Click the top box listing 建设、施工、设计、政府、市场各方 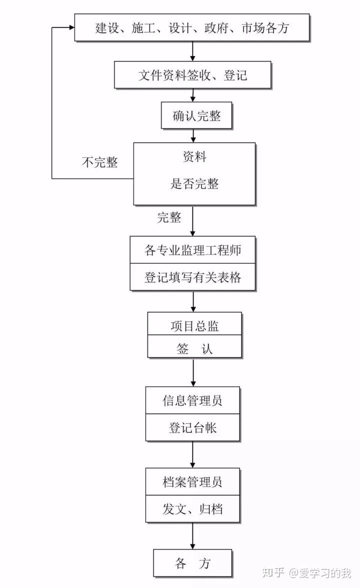(x=192, y=28)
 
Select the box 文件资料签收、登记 (x=192, y=75)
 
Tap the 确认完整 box (x=196, y=116)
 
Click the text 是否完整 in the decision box (x=194, y=183)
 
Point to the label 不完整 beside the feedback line (x=99, y=162)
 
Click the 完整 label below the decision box (x=169, y=217)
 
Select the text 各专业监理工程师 (x=192, y=250)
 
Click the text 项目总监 (x=194, y=326)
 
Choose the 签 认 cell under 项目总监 (x=194, y=348)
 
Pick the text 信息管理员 (x=192, y=400)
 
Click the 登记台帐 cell (x=192, y=427)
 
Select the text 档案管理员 (x=192, y=482)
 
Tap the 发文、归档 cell (x=192, y=509)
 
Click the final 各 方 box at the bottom (x=192, y=563)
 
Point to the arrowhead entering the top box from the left (x=70, y=27)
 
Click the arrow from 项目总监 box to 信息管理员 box (x=193, y=372)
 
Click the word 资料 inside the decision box (x=194, y=157)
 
